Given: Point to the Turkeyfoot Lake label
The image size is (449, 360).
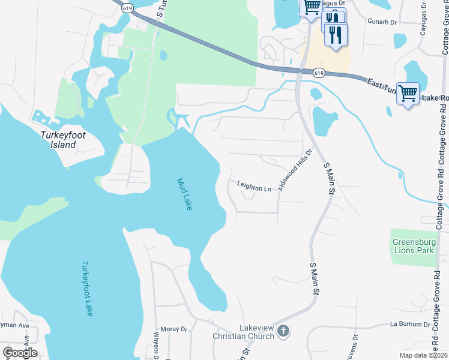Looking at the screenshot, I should tap(88, 288).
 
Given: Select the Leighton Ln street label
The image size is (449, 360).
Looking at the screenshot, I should tap(254, 188).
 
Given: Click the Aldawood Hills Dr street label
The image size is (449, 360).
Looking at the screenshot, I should tap(296, 170).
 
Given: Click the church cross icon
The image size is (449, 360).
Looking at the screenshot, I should tap(284, 330).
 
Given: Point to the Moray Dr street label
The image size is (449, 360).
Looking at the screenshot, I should tap(176, 329).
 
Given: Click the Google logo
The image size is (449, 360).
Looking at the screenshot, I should tap(20, 353).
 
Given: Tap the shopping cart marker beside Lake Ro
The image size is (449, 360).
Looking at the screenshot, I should tap(408, 94).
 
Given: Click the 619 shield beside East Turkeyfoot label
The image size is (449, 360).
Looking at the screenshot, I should tap(319, 73).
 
